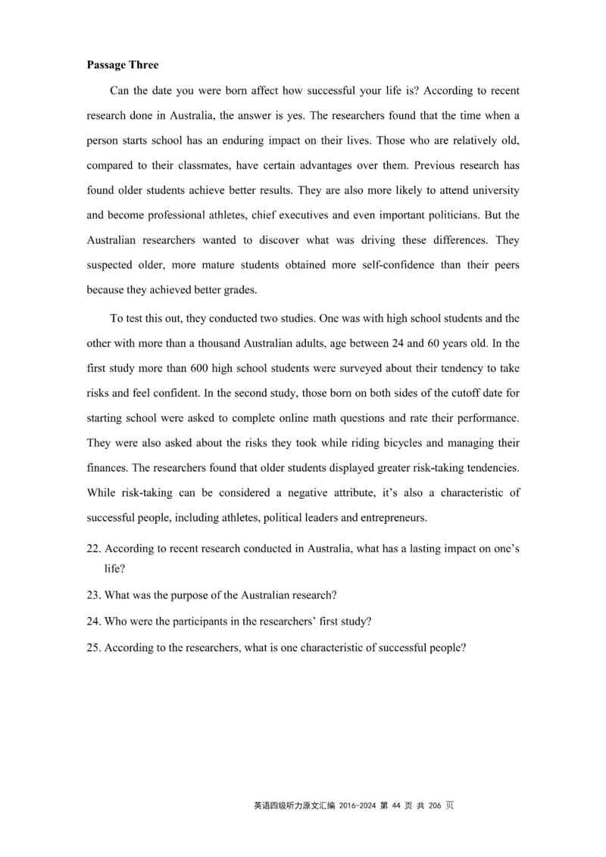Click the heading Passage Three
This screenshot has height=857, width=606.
click(123, 65)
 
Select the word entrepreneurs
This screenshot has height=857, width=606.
click(394, 518)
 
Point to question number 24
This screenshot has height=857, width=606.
click(93, 622)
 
